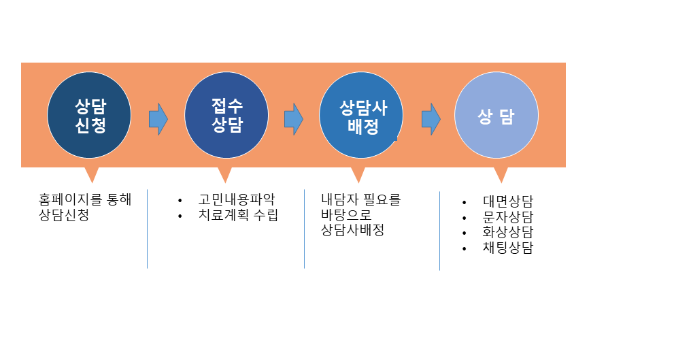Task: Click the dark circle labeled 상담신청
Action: pos(89,115)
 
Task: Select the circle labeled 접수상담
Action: pos(226,115)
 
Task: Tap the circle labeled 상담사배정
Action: pos(361,115)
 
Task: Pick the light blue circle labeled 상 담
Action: pos(496,115)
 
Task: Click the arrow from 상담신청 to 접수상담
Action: pos(158,119)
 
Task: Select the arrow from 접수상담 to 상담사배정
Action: pos(294,119)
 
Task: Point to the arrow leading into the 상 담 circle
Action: pos(431,119)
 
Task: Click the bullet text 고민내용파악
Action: pos(237,199)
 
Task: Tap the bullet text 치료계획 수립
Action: pos(238,214)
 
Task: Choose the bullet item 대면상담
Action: pos(508,201)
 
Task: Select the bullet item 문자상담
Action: pos(508,217)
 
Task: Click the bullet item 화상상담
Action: pos(508,232)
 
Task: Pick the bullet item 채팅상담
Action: pos(508,248)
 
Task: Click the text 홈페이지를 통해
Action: pos(85,199)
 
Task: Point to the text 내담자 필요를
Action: pos(361,199)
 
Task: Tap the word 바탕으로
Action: pos(346,214)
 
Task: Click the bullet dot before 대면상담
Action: pos(465,202)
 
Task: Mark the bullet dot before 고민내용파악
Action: pos(180,201)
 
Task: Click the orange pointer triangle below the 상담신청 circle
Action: pos(92,175)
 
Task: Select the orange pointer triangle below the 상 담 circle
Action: pos(501,175)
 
